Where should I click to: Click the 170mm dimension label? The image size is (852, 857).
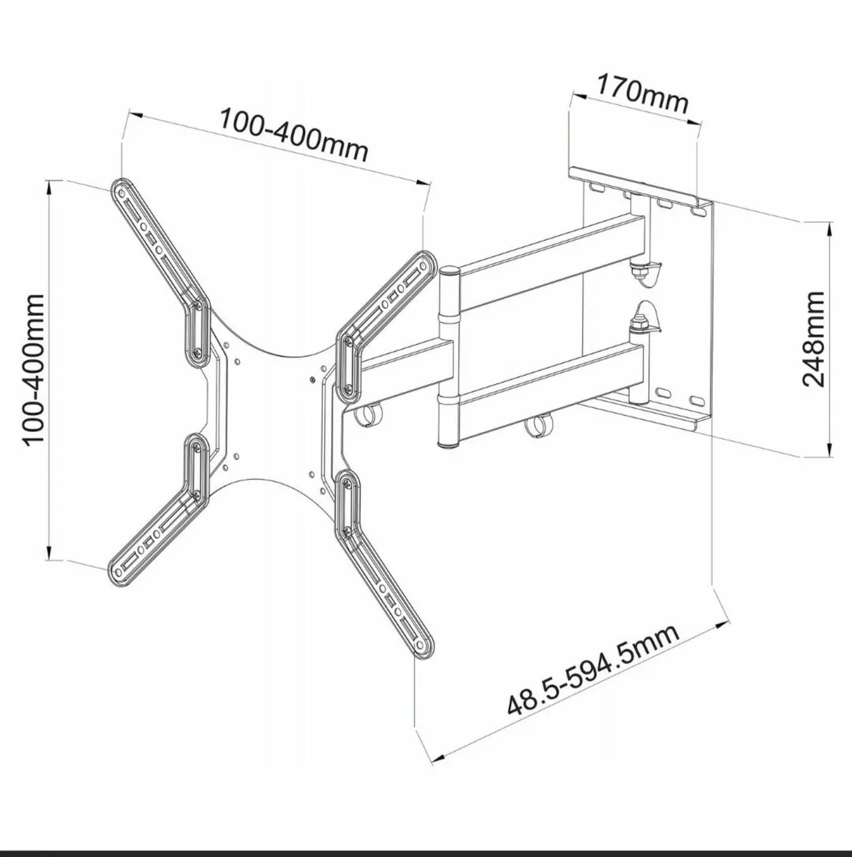click(642, 96)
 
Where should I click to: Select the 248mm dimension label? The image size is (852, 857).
click(813, 338)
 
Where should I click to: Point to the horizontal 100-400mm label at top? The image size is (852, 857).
click(293, 136)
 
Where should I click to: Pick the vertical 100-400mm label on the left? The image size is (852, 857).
click(34, 371)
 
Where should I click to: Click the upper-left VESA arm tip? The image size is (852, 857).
click(121, 189)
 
